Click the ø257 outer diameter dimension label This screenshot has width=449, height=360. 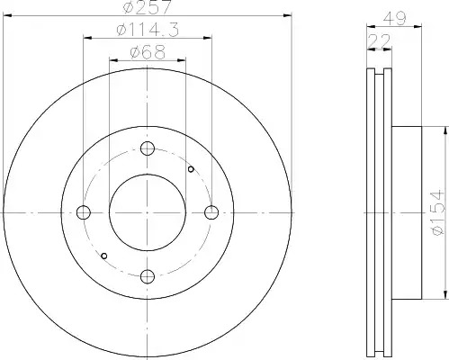tap(148, 6)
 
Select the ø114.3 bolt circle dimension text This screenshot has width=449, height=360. tap(148, 30)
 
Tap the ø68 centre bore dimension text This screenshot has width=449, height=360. tap(148, 52)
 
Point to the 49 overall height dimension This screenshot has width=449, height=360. tap(394, 18)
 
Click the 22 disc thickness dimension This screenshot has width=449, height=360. tap(380, 40)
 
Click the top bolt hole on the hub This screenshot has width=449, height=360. tap(148, 148)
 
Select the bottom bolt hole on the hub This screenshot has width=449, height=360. tap(148, 276)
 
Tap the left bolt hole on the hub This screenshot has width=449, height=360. tap(84, 212)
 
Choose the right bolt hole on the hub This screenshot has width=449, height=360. tap(211, 212)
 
